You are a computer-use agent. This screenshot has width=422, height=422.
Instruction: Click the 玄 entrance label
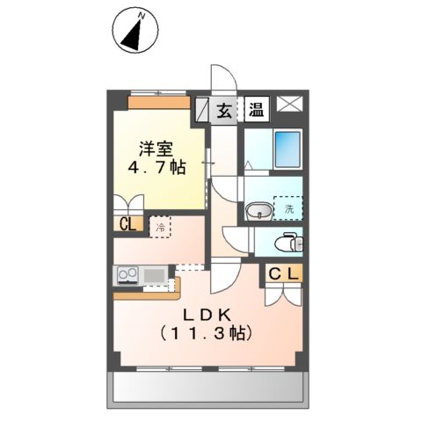click(225, 111)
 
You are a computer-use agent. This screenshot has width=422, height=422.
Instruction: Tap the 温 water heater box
click(256, 111)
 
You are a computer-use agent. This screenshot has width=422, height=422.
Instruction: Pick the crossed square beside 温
click(289, 105)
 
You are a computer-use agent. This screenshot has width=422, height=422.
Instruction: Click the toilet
click(285, 242)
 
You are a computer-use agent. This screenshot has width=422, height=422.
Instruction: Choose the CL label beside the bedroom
click(127, 224)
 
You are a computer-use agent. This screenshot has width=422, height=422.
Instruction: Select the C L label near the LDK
click(283, 273)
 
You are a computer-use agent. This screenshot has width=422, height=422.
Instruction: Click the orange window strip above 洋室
click(159, 101)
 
